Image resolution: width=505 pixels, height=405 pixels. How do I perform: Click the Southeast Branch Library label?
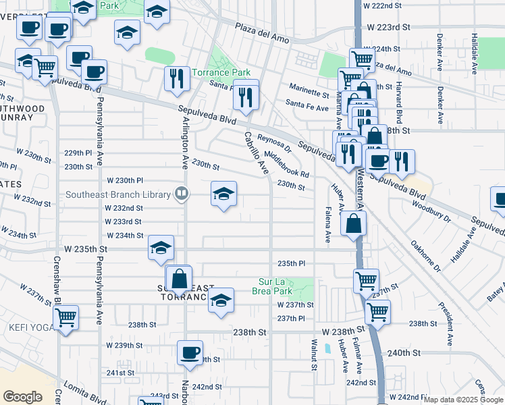pos(118,195)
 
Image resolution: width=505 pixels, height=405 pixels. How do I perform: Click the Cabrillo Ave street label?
pos(256,153)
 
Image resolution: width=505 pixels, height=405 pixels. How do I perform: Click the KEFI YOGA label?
pos(27,327)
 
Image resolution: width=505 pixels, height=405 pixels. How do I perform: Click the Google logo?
pos(22,397)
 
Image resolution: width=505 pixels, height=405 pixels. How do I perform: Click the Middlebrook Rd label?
pos(286,164)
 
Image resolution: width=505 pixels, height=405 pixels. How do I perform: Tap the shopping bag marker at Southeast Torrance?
pos(179,278)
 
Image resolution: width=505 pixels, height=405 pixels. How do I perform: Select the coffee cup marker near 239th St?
pos(190,352)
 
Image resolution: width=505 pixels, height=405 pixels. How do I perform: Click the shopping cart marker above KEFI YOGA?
pos(65,317)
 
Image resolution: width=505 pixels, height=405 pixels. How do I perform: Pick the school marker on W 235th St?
pos(161,248)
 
